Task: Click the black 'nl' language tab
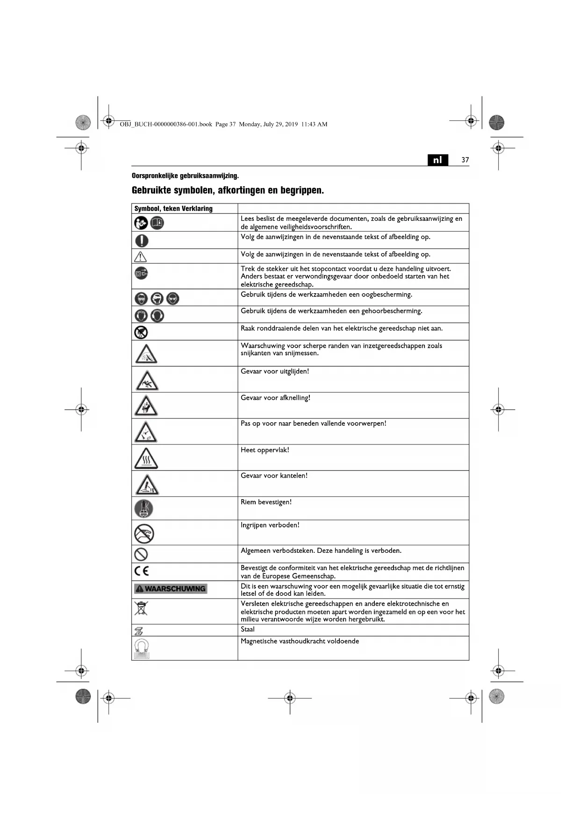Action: click(437, 160)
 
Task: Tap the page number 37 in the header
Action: click(465, 160)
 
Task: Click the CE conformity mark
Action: click(142, 571)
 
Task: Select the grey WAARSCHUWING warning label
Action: click(171, 589)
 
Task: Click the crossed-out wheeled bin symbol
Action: click(141, 608)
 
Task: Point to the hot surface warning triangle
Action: click(146, 458)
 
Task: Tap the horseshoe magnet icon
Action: click(141, 648)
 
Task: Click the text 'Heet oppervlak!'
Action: click(265, 450)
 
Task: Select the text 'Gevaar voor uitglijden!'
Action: click(274, 372)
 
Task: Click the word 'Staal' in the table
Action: click(248, 629)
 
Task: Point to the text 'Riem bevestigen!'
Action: click(266, 502)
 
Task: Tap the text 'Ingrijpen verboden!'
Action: click(270, 525)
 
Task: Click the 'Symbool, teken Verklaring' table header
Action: click(173, 209)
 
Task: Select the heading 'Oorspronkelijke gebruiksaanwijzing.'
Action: click(185, 176)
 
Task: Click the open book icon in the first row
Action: click(157, 223)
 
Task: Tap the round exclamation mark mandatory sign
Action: click(142, 240)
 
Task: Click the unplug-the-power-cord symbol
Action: click(141, 273)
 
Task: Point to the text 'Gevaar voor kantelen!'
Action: click(274, 476)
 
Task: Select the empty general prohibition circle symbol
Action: click(141, 554)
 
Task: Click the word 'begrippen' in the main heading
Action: click(301, 191)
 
